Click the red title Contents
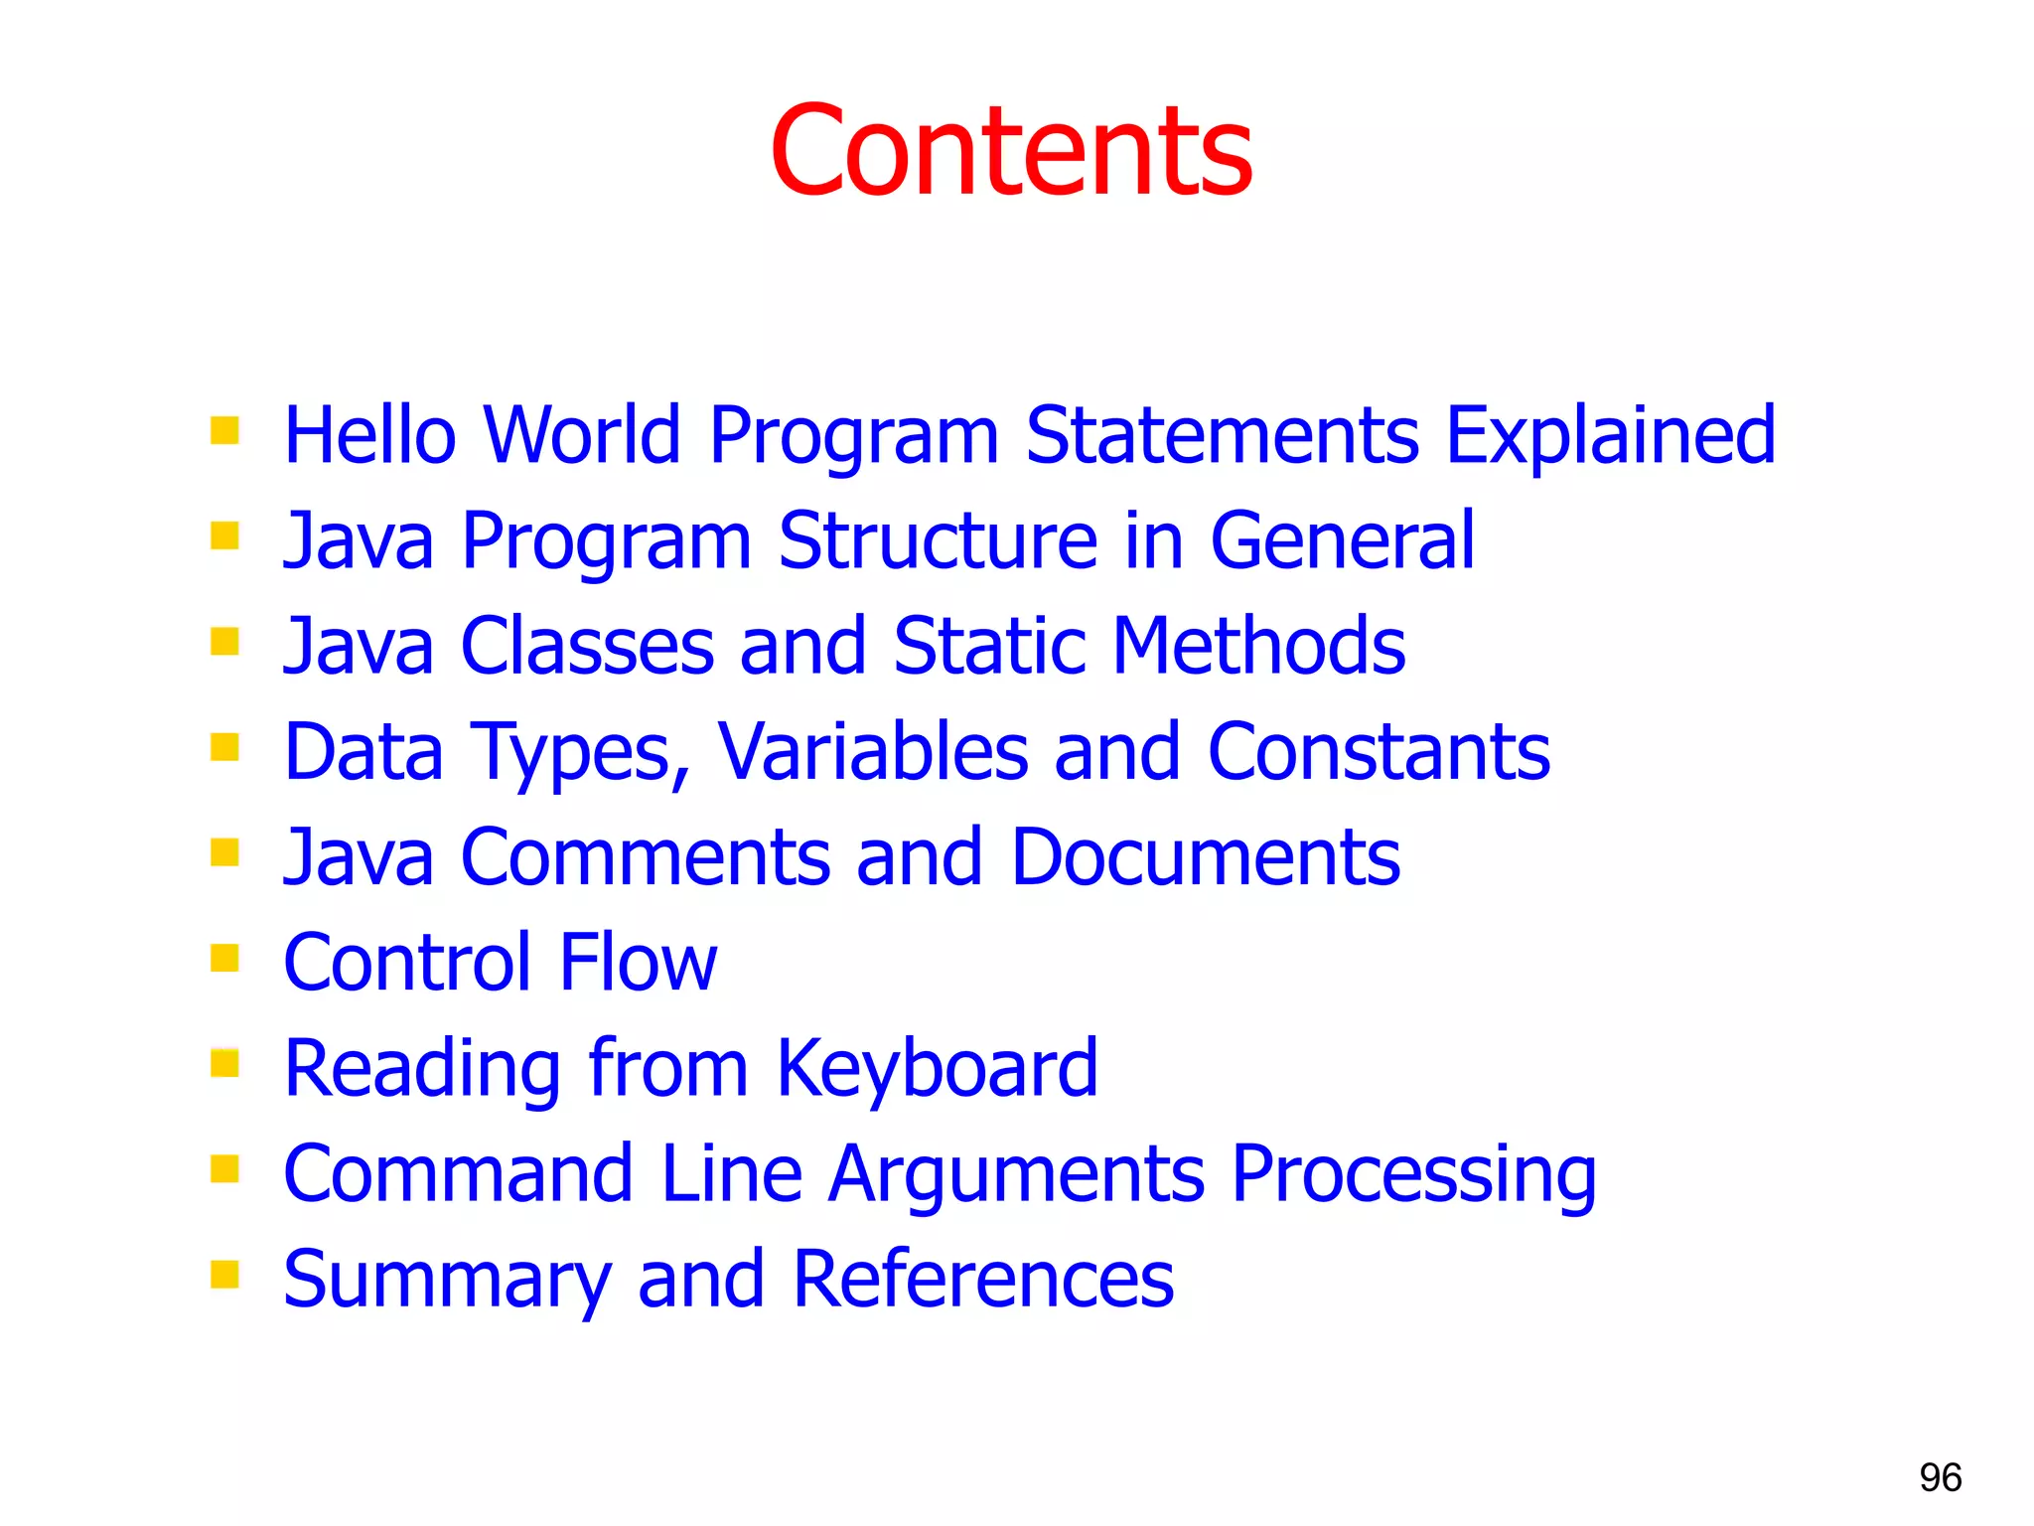coord(1011,151)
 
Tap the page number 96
coord(1940,1477)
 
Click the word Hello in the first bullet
coord(369,435)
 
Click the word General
coord(1342,541)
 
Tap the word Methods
coord(1258,647)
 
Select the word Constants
coord(1379,753)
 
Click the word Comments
coord(645,857)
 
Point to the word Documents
coord(1205,857)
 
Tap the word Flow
coord(638,963)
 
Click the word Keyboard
coord(937,1070)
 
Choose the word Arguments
coord(1016,1175)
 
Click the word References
coord(983,1281)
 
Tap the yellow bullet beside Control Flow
coord(225,958)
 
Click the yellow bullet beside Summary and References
coord(225,1274)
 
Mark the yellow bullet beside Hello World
coord(225,430)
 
